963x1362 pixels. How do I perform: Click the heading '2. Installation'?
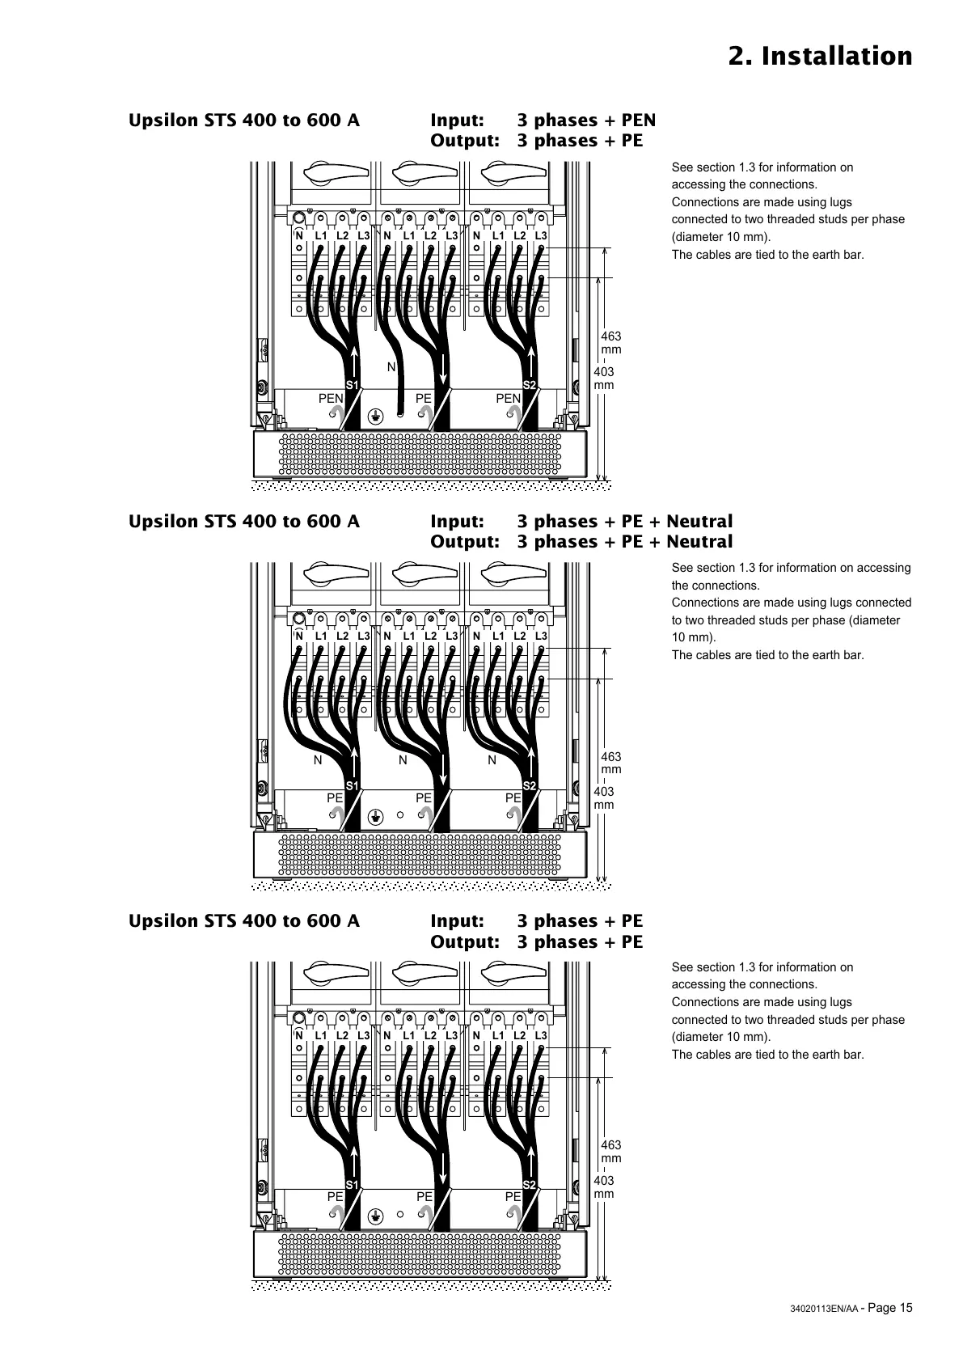click(x=820, y=57)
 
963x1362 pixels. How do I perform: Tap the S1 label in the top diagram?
click(x=352, y=384)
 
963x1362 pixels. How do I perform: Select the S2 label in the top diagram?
click(x=530, y=384)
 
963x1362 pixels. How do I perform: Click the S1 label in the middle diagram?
click(x=352, y=785)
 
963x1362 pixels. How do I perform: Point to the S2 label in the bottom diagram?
click(x=530, y=1185)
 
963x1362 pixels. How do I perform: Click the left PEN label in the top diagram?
click(x=331, y=398)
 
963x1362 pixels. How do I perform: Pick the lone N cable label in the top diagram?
click(x=391, y=367)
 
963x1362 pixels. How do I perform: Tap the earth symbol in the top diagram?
click(x=374, y=415)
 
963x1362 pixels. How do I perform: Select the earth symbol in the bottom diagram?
click(x=374, y=1215)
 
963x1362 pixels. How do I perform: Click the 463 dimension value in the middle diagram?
click(x=611, y=757)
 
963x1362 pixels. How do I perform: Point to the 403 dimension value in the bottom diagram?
click(x=604, y=1181)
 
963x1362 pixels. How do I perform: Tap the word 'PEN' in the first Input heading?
click(x=638, y=121)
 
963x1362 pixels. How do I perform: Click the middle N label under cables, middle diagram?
click(x=403, y=760)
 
